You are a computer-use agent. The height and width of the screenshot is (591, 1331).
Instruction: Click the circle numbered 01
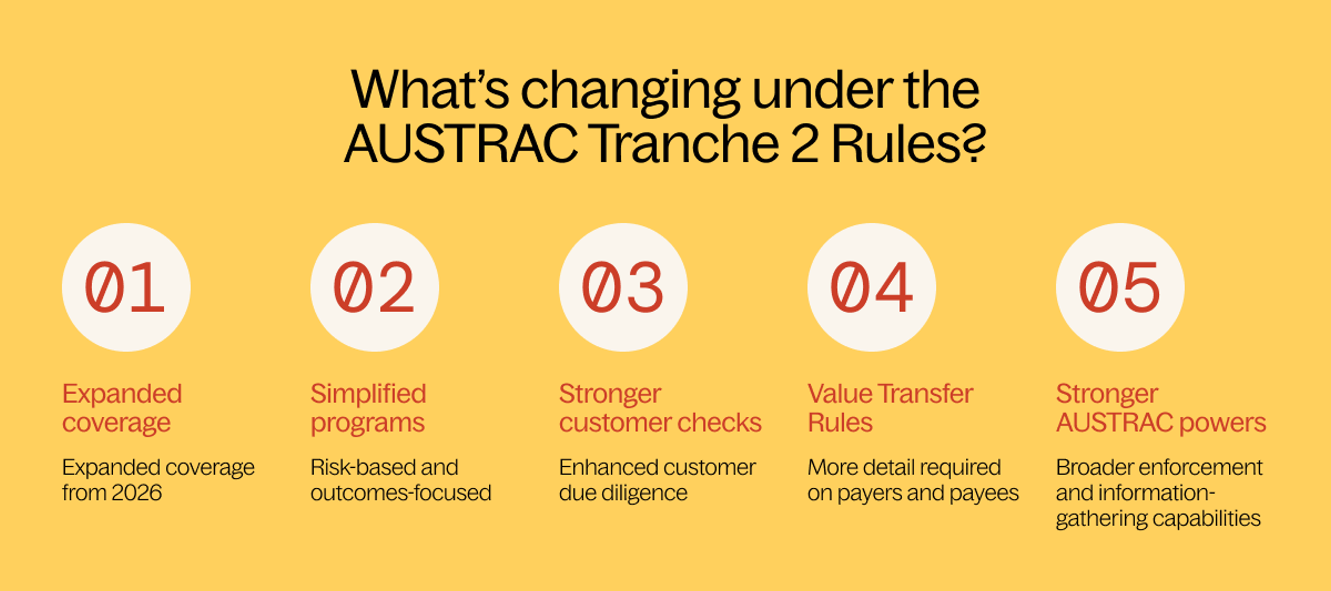coord(126,287)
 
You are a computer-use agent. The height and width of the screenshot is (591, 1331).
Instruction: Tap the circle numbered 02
coord(375,287)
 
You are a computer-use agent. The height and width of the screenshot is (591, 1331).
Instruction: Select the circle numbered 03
coord(623,287)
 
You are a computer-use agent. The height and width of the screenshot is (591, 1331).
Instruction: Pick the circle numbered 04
coord(872,287)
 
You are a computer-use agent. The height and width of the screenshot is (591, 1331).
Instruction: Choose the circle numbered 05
coord(1120,287)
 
